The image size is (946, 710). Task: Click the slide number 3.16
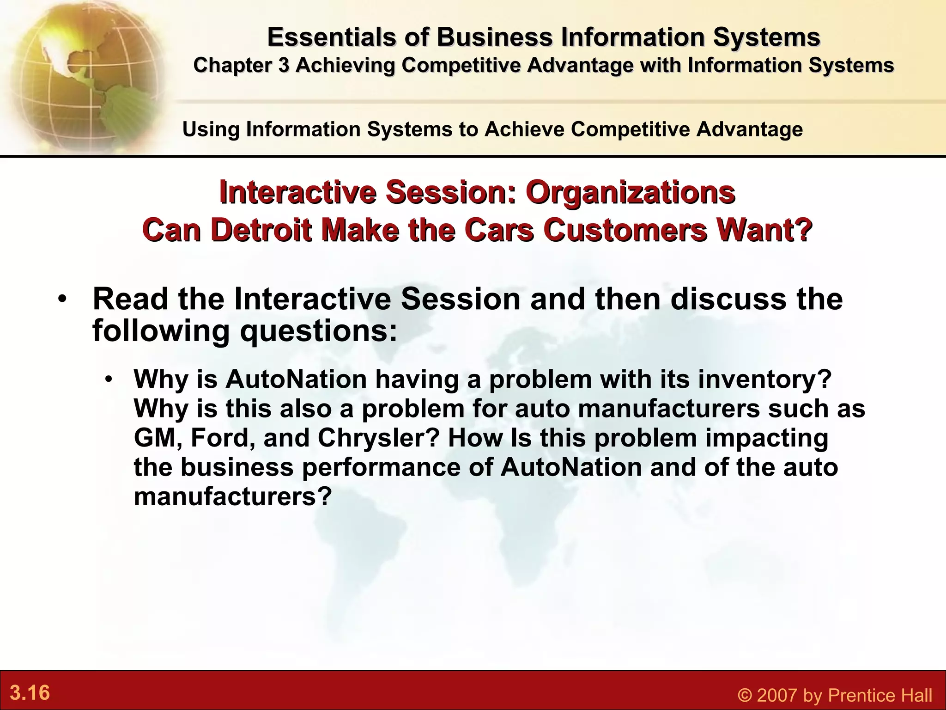coord(30,693)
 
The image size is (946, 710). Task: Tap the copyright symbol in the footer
coord(745,695)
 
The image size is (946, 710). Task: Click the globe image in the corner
coord(83,74)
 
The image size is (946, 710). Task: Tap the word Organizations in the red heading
coord(630,192)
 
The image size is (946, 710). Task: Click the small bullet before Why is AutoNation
coord(109,380)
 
